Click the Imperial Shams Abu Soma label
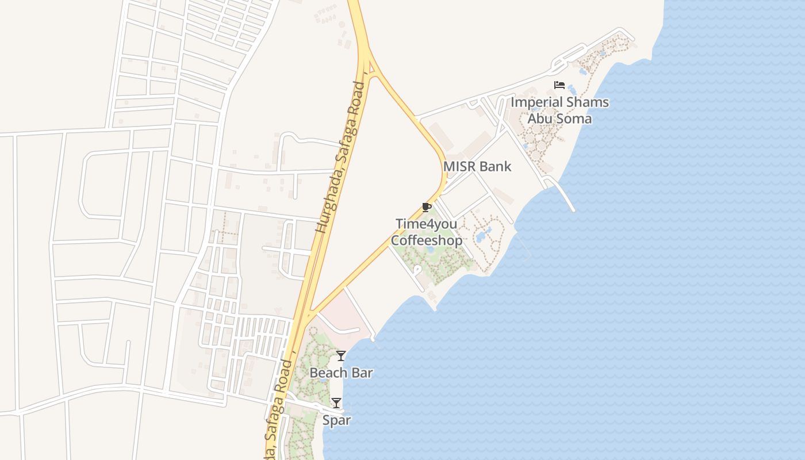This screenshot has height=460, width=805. coord(559,110)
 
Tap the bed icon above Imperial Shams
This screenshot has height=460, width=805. coord(559,85)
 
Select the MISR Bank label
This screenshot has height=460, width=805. coord(477,167)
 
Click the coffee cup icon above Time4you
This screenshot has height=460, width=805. coord(426,207)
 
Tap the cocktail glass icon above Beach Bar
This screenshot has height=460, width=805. coord(341,356)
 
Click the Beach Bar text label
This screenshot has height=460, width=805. coord(341,373)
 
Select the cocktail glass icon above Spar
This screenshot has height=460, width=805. coord(336,403)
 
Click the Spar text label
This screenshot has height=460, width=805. coord(336,420)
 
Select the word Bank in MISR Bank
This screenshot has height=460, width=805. coord(495,167)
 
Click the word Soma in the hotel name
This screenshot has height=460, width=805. coord(576,118)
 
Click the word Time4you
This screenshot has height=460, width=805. coord(426,223)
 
